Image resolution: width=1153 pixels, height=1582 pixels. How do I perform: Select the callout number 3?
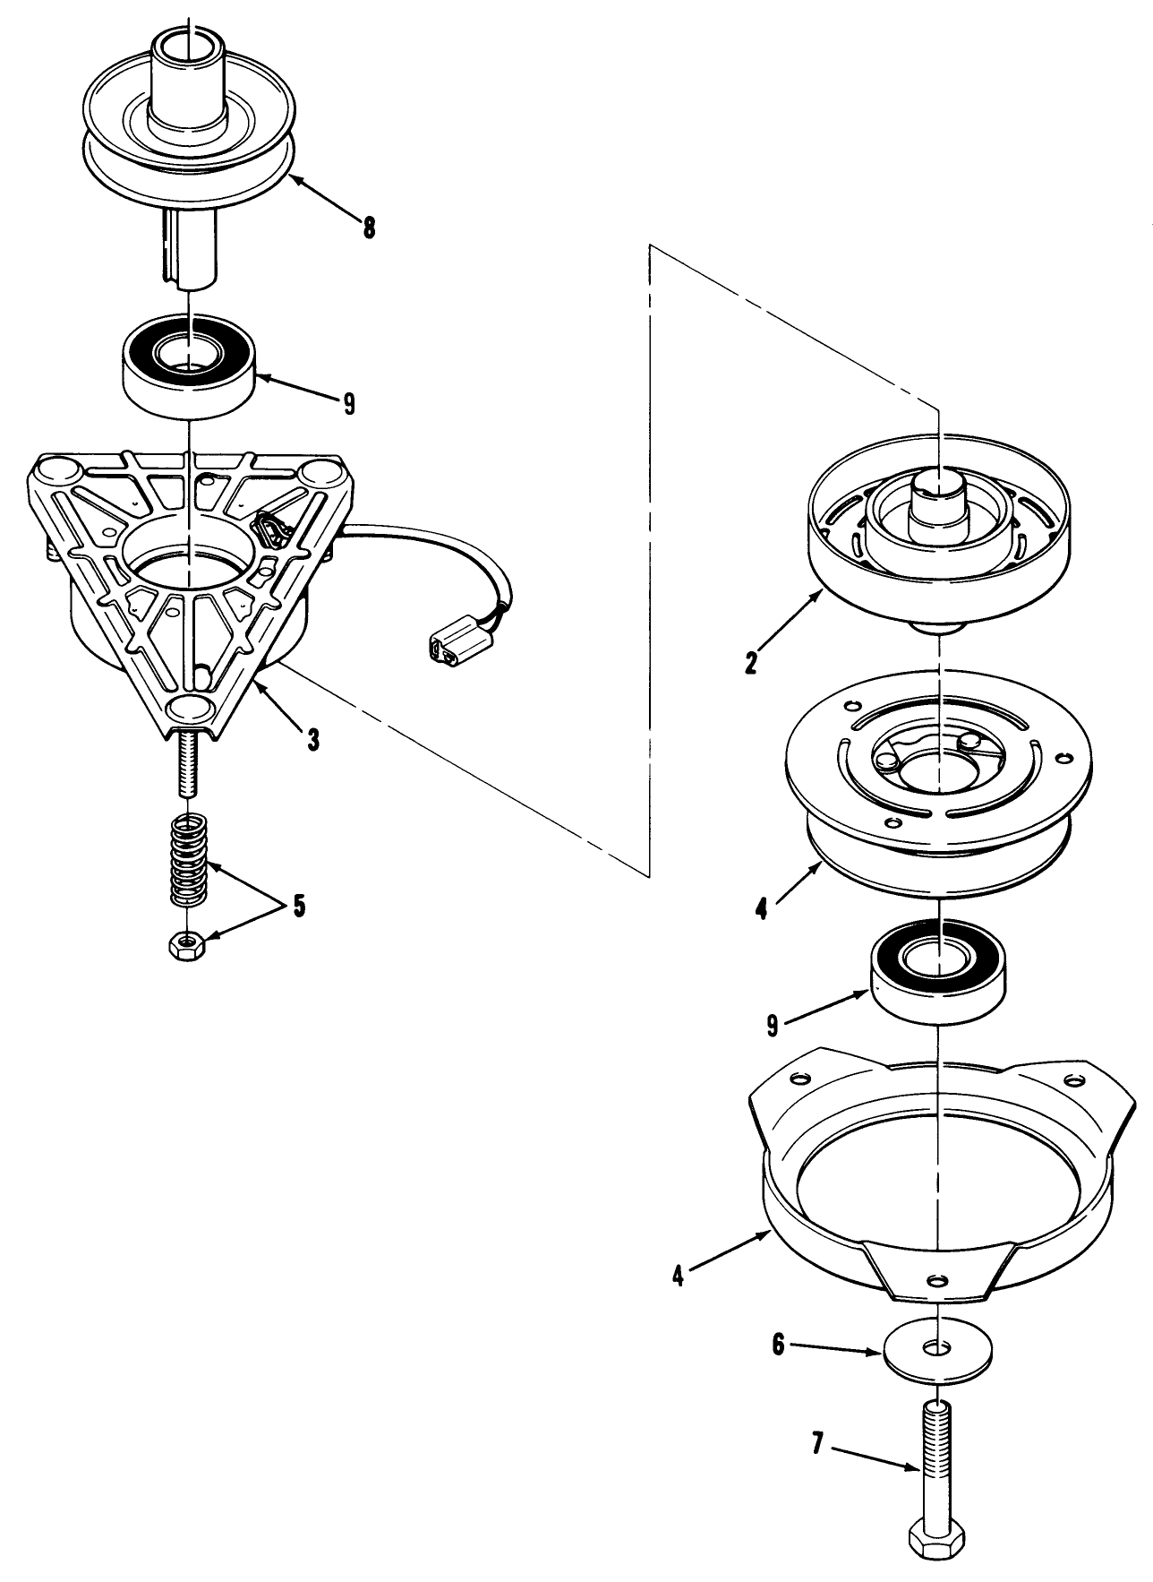[x=312, y=739]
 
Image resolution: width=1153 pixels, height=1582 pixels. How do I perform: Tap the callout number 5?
[x=296, y=906]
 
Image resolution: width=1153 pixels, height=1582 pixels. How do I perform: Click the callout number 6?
[x=777, y=1345]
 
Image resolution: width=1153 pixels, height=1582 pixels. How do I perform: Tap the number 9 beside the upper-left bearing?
[x=347, y=404]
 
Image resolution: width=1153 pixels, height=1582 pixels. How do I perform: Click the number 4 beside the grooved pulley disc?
[x=761, y=909]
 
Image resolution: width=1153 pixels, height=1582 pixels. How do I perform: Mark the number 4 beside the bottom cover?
[x=679, y=1275]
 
